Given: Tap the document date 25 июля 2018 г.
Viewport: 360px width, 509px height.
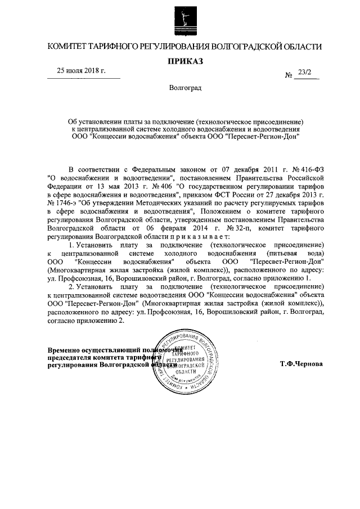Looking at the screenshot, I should tap(81, 71).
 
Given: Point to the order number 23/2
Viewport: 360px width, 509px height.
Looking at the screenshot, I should tap(307, 73).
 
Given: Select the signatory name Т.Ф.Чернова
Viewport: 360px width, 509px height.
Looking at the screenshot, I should tap(301, 363).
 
